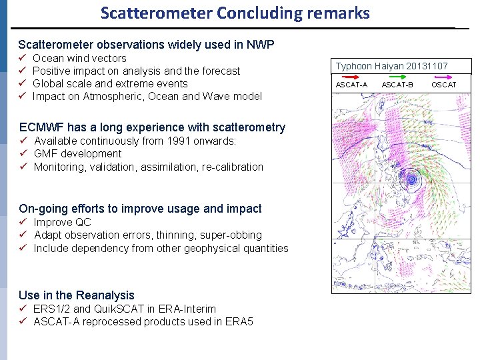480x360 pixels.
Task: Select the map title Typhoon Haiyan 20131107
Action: (391, 66)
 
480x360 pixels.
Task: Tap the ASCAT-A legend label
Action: (351, 85)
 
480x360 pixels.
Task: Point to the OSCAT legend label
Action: (443, 85)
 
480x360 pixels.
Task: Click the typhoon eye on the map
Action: (412, 179)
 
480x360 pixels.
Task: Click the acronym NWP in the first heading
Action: (260, 45)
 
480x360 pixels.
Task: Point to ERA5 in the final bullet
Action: (238, 322)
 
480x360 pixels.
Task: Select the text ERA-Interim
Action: (188, 309)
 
